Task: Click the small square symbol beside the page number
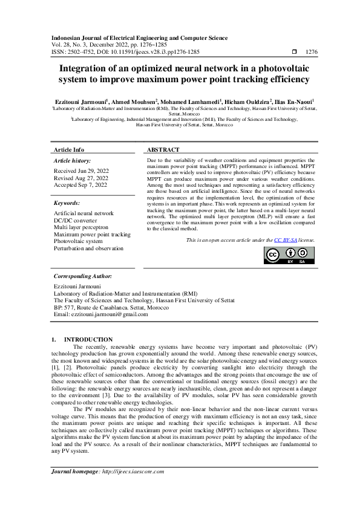coord(295,53)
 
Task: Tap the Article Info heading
coord(69,149)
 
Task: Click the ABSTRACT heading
coord(163,149)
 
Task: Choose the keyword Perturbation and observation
coord(88,248)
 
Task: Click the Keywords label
coord(67,203)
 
